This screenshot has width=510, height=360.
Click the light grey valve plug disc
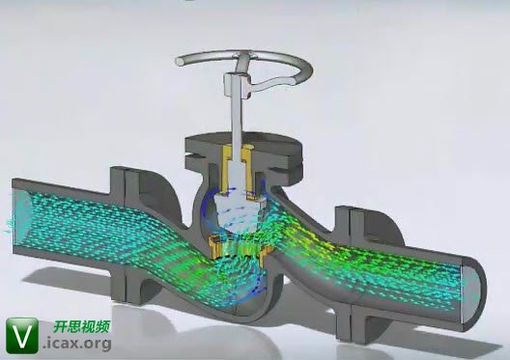tap(239, 211)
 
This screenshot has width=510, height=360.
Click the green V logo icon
tap(22, 336)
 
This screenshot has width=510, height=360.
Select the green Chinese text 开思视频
tap(81, 327)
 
